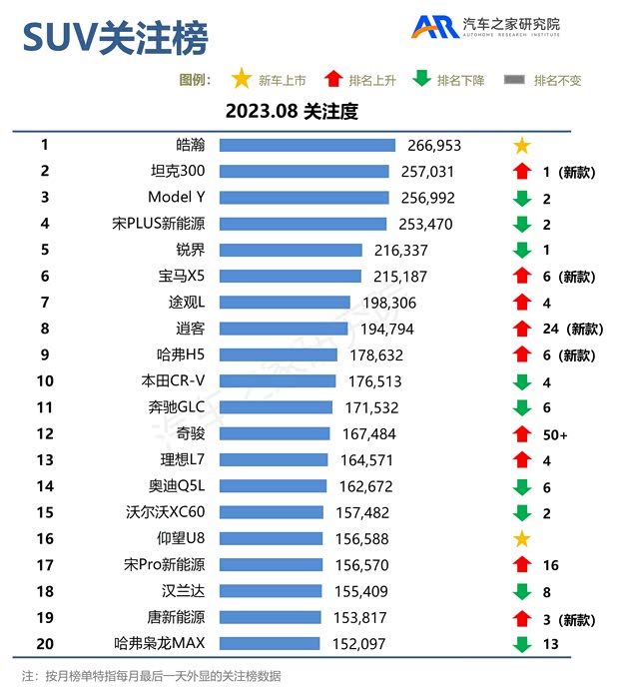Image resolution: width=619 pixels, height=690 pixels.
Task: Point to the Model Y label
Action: click(176, 198)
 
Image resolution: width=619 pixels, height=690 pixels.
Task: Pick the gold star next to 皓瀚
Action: click(521, 146)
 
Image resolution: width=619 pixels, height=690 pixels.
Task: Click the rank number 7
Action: click(45, 303)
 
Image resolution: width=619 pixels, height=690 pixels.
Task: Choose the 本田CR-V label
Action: click(174, 381)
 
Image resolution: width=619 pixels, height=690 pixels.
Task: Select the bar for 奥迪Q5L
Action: click(273, 486)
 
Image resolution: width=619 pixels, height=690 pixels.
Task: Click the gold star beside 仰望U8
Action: click(521, 539)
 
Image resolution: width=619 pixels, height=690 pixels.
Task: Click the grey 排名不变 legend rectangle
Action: click(515, 80)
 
